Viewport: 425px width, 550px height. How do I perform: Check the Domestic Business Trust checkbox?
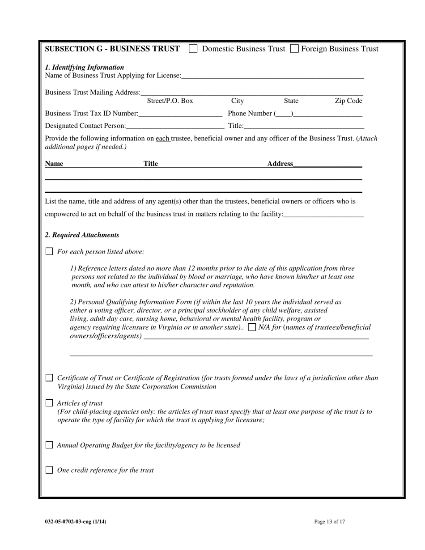193,49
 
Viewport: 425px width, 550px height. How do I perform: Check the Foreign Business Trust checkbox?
294,49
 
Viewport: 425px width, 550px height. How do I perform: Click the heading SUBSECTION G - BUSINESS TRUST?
113,49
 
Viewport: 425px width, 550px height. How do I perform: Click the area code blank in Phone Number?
284,114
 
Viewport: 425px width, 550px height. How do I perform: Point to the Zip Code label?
348,101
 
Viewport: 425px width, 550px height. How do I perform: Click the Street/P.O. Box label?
170,101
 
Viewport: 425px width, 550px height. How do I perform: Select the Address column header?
280,164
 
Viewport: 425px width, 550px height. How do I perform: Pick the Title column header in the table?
151,164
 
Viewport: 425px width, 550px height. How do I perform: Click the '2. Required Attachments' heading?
82,235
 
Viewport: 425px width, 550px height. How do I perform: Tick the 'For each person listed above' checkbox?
50,252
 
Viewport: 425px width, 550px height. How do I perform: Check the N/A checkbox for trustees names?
252,327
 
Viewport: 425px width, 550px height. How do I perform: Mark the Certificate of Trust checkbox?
50,378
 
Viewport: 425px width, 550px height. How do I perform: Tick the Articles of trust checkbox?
50,403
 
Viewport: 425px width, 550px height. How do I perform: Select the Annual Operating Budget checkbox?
50,445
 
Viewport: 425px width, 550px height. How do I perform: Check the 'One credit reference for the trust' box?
50,470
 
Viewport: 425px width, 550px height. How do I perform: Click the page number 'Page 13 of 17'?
329,521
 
